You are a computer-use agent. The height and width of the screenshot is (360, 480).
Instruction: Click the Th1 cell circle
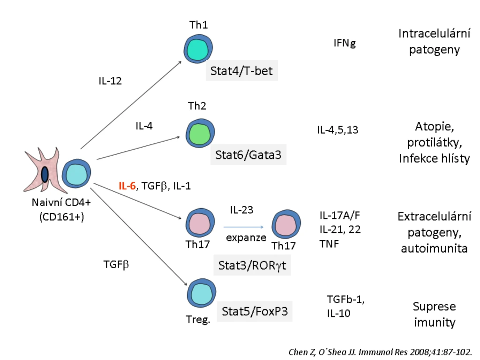pyautogui.click(x=198, y=49)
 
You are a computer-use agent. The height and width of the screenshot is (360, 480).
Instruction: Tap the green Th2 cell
pyautogui.click(x=200, y=133)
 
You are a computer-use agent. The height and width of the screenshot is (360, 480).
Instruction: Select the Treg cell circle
pyautogui.click(x=202, y=293)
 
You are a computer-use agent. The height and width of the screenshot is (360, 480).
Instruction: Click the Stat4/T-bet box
pyautogui.click(x=242, y=71)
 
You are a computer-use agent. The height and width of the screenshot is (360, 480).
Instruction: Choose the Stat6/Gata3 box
pyautogui.click(x=248, y=155)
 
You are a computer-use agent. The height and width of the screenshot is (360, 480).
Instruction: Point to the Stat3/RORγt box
pyautogui.click(x=252, y=265)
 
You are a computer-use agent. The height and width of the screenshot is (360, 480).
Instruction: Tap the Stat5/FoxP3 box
pyautogui.click(x=255, y=311)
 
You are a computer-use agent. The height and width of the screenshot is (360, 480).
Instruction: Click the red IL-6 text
pyautogui.click(x=127, y=186)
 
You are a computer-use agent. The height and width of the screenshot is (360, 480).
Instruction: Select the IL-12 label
pyautogui.click(x=110, y=81)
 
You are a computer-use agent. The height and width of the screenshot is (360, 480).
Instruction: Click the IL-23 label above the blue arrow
pyautogui.click(x=242, y=210)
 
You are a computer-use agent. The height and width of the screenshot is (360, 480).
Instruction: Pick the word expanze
pyautogui.click(x=246, y=238)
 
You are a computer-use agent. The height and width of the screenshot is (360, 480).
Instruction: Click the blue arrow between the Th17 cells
pyautogui.click(x=243, y=227)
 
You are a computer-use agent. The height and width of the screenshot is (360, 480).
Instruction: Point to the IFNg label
pyautogui.click(x=345, y=43)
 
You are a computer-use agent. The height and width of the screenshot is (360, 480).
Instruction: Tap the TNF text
pyautogui.click(x=329, y=244)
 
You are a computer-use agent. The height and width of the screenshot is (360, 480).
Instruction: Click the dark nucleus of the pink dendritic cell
pyautogui.click(x=45, y=174)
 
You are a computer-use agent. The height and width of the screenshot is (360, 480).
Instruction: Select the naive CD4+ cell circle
pyautogui.click(x=76, y=173)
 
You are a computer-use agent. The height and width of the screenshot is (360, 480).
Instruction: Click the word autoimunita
pyautogui.click(x=435, y=248)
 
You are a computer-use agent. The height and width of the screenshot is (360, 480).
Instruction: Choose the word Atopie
pyautogui.click(x=435, y=127)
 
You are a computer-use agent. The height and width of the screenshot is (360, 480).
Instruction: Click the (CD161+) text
pyautogui.click(x=61, y=217)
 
